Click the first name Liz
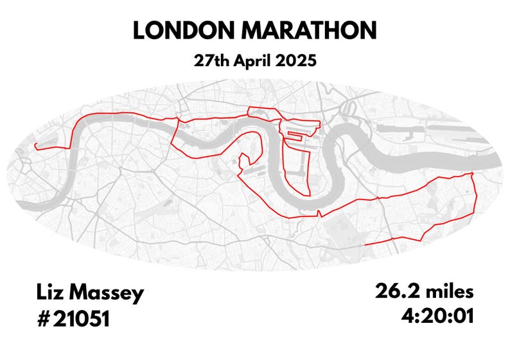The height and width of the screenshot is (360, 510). coord(50,295)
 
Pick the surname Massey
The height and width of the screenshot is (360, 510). coord(108,295)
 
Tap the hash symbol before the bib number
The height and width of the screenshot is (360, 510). coord(43,319)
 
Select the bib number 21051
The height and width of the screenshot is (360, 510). coord(82,319)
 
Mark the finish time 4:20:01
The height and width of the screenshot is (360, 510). coord(437,316)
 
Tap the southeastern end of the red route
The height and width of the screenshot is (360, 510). coord(364,244)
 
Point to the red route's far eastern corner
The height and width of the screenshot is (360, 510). coord(473,173)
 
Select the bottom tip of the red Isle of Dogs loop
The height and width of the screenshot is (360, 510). coord(309,194)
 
